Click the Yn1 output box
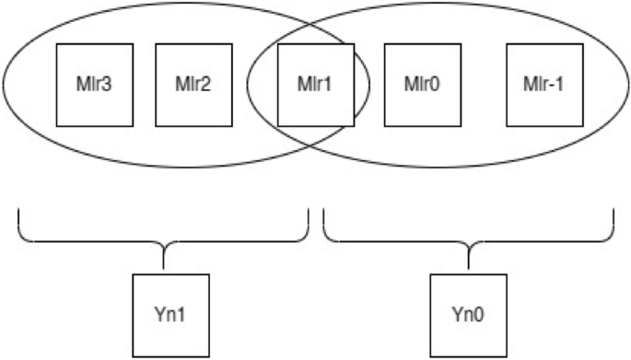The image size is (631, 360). click(170, 316)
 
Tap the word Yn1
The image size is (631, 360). click(170, 316)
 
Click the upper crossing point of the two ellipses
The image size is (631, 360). click(311, 20)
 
